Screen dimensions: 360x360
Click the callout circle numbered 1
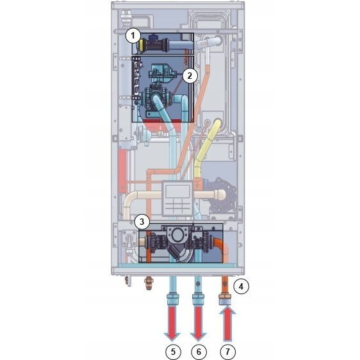[133, 36]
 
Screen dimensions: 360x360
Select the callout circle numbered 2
[190, 76]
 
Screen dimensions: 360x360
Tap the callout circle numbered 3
[142, 222]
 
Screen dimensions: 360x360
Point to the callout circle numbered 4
[241, 286]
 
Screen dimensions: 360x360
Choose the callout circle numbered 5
[173, 352]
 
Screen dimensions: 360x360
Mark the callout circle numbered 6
[199, 352]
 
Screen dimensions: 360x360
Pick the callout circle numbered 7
[227, 352]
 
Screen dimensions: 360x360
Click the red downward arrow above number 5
[172, 323]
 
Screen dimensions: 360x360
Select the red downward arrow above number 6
[199, 323]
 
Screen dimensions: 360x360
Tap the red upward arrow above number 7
[227, 324]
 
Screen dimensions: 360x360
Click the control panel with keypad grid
[177, 199]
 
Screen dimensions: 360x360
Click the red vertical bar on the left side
[122, 171]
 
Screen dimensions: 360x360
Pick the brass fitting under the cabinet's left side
[149, 283]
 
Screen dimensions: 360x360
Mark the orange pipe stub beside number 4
[225, 284]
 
